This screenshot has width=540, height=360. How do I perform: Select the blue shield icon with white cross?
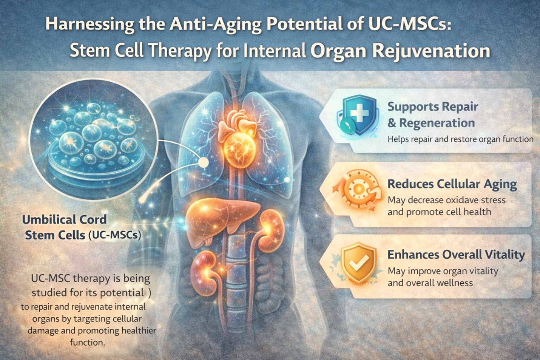359,115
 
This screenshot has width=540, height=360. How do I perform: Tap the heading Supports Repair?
433,107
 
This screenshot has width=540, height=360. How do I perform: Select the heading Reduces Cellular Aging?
452,184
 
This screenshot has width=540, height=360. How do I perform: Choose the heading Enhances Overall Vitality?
456,255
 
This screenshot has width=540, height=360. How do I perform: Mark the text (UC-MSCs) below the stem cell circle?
114,235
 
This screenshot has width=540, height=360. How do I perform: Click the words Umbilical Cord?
65,219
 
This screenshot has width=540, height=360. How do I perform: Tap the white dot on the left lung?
204,162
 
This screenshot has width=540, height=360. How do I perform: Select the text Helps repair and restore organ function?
460,139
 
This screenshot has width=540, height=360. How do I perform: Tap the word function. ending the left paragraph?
87,342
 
